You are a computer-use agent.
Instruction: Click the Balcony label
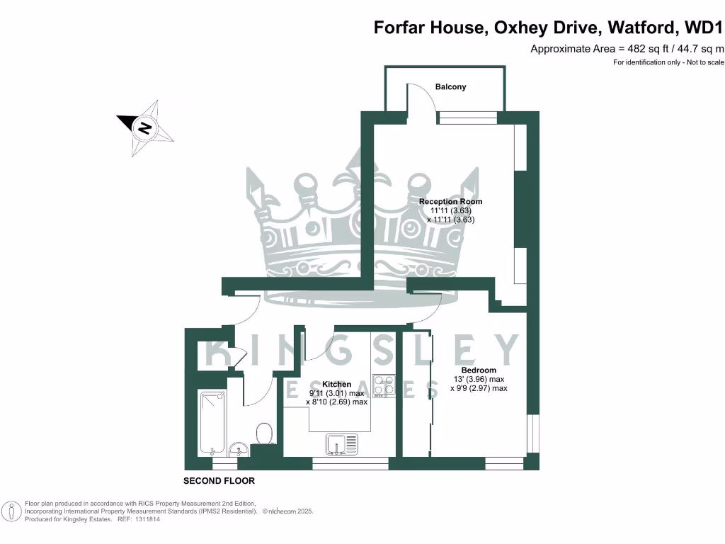(451, 87)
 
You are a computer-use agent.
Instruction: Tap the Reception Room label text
(450, 202)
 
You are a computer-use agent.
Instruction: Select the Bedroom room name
(479, 370)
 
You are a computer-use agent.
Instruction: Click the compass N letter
(144, 128)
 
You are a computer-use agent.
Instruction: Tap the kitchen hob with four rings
(384, 385)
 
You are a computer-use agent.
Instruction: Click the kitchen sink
(343, 444)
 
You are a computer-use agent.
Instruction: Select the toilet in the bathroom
(263, 433)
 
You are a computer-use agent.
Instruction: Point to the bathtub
(212, 422)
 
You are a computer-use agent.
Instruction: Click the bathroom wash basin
(239, 448)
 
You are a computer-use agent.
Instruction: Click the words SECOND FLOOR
(219, 481)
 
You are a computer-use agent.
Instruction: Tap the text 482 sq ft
(644, 49)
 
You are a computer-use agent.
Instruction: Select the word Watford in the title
(643, 28)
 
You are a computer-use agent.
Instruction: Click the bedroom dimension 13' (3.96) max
(479, 379)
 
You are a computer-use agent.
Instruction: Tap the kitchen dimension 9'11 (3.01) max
(336, 393)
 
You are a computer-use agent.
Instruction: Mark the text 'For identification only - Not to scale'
(668, 62)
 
